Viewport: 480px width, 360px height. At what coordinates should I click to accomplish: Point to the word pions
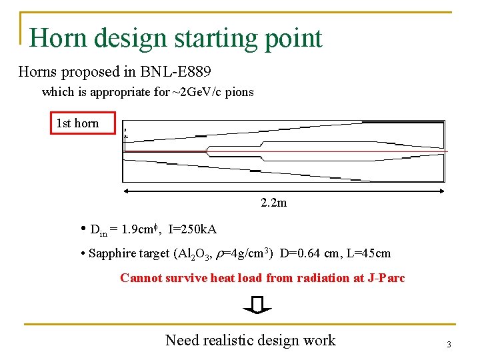[x=239, y=92]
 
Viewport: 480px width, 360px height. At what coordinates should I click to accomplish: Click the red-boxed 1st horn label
[x=77, y=123]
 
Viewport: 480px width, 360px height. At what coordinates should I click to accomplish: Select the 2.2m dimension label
[x=274, y=203]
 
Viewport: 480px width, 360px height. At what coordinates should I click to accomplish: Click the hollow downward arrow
[x=257, y=305]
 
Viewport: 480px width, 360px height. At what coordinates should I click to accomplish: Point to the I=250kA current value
[x=193, y=229]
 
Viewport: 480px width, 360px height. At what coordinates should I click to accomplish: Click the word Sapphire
[x=113, y=254]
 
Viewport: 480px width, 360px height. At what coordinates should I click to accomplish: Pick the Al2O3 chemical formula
[x=193, y=254]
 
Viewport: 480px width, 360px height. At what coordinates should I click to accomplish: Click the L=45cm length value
[x=369, y=254]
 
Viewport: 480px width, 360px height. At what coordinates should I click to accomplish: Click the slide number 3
[x=449, y=345]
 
